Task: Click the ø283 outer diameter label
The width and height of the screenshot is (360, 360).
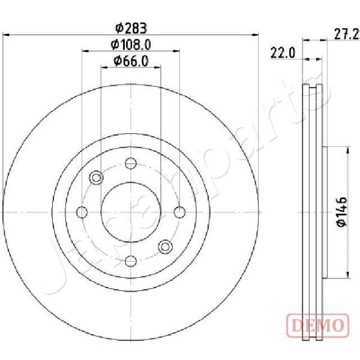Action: tap(131, 28)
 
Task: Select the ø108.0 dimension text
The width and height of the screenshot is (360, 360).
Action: tap(131, 44)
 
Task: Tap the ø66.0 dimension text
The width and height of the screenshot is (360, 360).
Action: tap(131, 61)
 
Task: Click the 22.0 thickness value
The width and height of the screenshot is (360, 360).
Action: tap(283, 53)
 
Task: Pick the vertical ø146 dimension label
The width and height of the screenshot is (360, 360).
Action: tap(342, 212)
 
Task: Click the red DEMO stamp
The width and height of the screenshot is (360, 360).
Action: tap(318, 325)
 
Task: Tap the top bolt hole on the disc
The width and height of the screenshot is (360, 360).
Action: tap(131, 163)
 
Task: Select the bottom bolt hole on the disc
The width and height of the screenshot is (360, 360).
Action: tap(131, 261)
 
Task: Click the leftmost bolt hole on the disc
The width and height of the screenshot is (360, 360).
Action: tap(82, 212)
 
